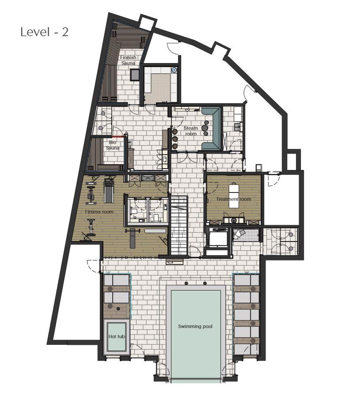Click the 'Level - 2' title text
44,32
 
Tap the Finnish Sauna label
128,60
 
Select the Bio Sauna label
113,145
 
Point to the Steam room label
191,131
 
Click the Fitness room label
99,212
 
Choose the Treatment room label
234,199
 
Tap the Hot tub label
117,336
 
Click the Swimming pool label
195,326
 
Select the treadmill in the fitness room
109,190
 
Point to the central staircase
179,226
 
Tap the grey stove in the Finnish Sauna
135,75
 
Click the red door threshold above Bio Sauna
118,136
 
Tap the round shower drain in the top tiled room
174,70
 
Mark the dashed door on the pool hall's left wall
94,266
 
